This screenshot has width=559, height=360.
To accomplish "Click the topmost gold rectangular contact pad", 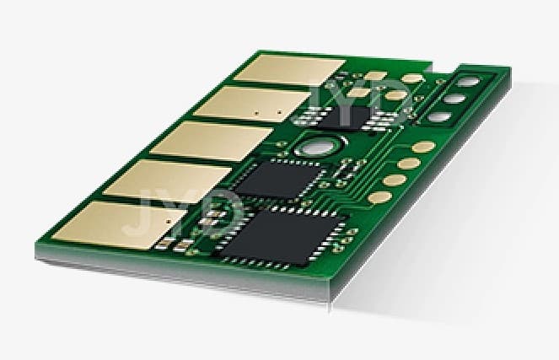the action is (x=289, y=69).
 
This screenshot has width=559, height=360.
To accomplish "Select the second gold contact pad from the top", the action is (x=252, y=104).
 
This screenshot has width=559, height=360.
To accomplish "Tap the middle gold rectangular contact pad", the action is (x=212, y=141).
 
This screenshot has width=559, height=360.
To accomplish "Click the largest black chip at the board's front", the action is (x=281, y=237).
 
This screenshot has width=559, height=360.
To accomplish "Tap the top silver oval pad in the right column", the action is (x=468, y=82).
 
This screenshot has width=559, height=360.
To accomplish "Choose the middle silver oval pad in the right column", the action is (x=455, y=99).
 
